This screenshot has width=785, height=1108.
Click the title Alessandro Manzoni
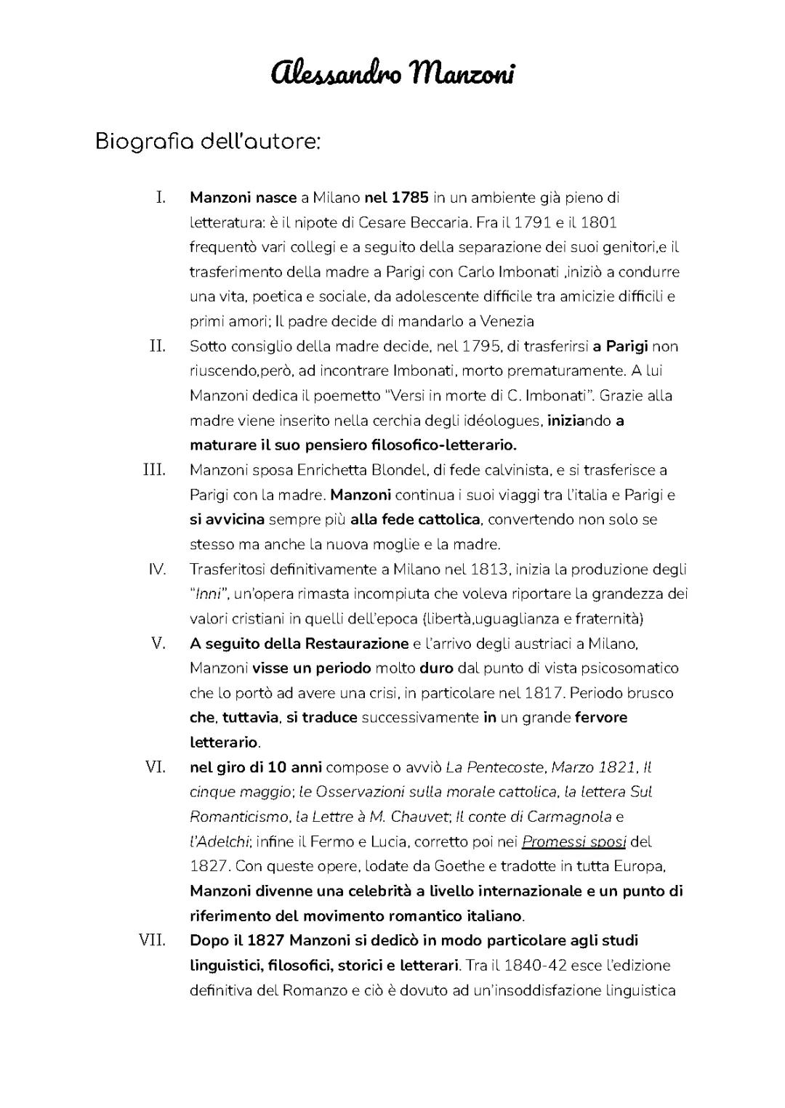click(392, 73)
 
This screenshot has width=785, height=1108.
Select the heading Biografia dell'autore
click(208, 141)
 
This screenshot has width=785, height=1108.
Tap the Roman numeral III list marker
click(154, 469)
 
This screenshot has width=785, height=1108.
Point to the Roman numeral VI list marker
click(155, 767)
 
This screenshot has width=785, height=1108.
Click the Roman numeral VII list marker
click(153, 940)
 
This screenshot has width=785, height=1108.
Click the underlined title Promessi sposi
click(574, 842)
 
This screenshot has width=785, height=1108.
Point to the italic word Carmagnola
click(569, 817)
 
